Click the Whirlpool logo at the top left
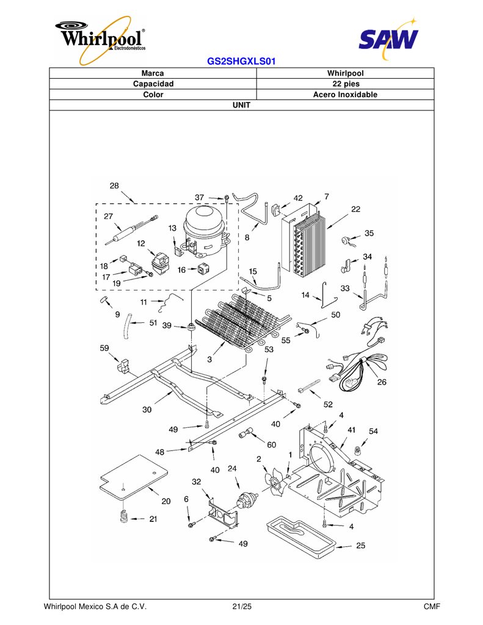(101, 39)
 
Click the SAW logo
(388, 38)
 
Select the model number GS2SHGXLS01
(241, 62)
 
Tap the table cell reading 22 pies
(346, 84)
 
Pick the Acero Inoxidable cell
(346, 95)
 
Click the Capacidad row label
(153, 84)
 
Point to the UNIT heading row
(242, 105)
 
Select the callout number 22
(355, 209)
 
